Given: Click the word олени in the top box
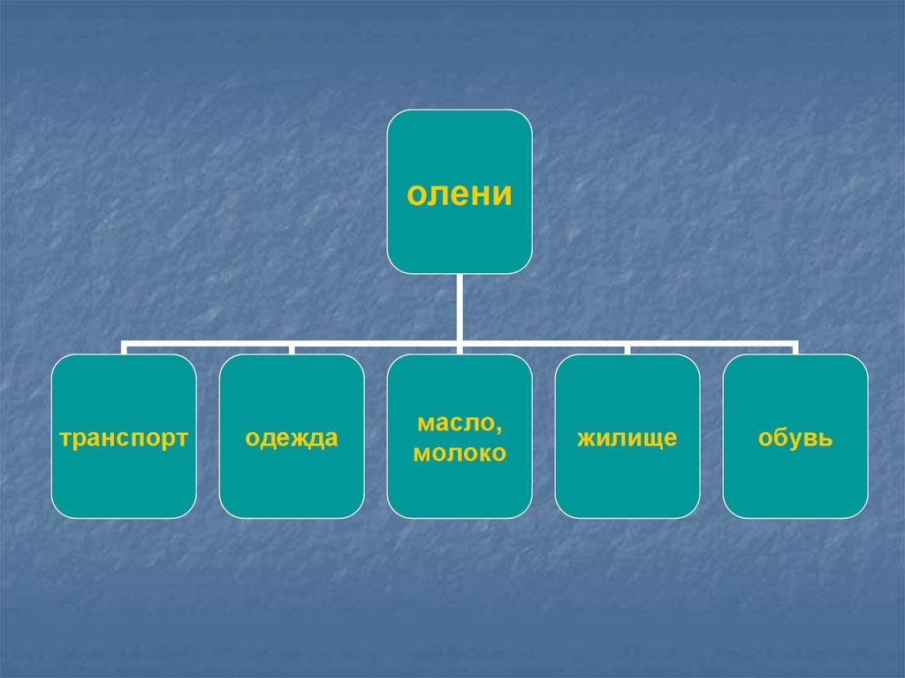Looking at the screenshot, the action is [x=460, y=194].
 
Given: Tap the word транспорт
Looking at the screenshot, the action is [x=124, y=438].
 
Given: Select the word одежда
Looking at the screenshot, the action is [x=292, y=438].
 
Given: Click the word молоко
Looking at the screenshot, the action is [x=460, y=453].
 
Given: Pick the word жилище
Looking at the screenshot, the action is [x=627, y=438].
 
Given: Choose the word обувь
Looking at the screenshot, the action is [x=795, y=438].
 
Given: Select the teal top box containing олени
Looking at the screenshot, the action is [x=460, y=141].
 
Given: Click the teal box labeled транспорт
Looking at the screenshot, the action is [x=124, y=486].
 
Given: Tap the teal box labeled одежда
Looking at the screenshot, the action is [x=292, y=486].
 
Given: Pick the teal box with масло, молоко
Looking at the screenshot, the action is [x=460, y=491].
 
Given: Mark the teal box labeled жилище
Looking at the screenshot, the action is [x=627, y=486].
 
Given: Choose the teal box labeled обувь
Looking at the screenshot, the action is [x=795, y=486].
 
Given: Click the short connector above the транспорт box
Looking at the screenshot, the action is [x=124, y=349].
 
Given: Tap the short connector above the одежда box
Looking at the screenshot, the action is [x=292, y=349].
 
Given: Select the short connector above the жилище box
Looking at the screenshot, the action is [x=627, y=349].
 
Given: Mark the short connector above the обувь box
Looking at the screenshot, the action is [x=795, y=349].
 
